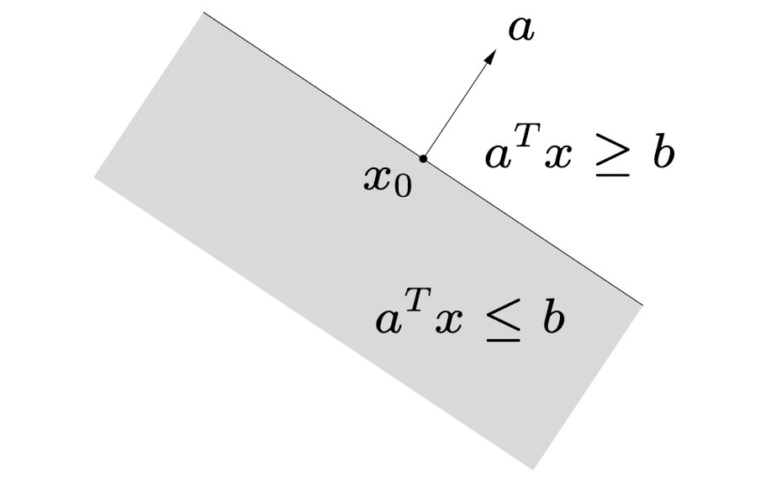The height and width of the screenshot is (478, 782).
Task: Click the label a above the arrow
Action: (x=521, y=30)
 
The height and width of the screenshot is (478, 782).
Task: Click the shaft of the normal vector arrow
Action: (x=456, y=107)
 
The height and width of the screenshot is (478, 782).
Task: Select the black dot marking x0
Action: (x=424, y=157)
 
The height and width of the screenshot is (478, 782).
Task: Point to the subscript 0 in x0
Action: (x=403, y=187)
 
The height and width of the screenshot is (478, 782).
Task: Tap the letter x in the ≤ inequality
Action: (x=449, y=321)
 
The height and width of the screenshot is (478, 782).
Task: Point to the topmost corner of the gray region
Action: (x=203, y=13)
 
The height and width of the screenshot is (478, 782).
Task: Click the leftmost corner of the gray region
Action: (x=94, y=177)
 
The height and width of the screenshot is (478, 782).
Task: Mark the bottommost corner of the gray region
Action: (x=533, y=469)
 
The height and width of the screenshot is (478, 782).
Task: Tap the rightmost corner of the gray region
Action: (x=642, y=305)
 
